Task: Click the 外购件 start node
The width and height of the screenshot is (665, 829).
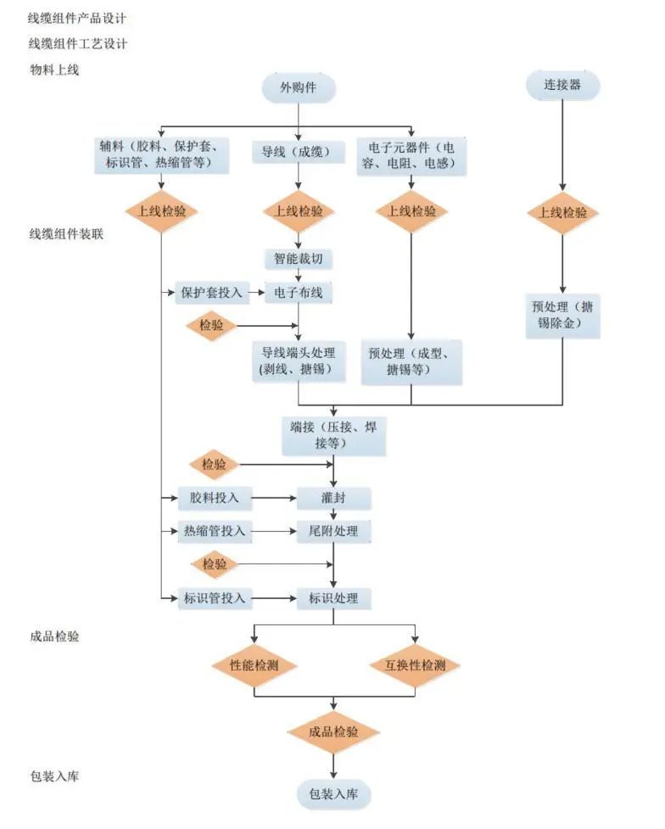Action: click(x=299, y=88)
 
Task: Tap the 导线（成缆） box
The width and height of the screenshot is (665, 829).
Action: click(x=298, y=153)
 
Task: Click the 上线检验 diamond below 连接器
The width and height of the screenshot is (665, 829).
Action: click(x=562, y=212)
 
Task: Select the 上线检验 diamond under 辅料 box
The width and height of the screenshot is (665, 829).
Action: click(x=161, y=212)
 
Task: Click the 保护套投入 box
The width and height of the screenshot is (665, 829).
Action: click(x=211, y=294)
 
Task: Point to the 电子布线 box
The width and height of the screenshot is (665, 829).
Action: click(x=299, y=294)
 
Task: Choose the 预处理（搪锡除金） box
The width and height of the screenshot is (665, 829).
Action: click(x=562, y=315)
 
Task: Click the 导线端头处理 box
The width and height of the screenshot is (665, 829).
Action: click(x=299, y=361)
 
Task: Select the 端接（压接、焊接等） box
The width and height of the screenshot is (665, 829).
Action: click(x=333, y=434)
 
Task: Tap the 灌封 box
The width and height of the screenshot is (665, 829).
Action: click(x=333, y=497)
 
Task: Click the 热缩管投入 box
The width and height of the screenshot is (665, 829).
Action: click(x=215, y=532)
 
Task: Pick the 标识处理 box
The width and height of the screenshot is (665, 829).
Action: click(x=333, y=598)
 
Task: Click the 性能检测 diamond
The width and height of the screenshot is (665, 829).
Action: click(x=254, y=665)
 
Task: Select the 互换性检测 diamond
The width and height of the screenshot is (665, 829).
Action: click(x=415, y=665)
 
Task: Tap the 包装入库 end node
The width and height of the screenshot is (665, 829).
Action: click(x=333, y=794)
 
